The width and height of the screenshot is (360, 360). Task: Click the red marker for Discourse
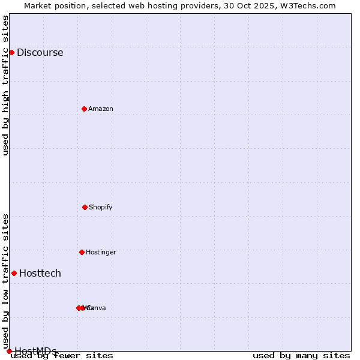(x=11, y=52)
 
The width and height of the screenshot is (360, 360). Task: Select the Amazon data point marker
(x=85, y=109)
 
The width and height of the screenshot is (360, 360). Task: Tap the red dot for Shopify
(x=85, y=207)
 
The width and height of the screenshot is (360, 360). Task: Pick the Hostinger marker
(x=82, y=252)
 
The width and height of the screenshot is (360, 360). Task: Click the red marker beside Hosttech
(x=14, y=273)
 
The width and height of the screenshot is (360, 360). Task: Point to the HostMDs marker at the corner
(x=9, y=351)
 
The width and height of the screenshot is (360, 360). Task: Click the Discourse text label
(x=40, y=52)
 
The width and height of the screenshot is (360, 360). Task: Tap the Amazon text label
(x=101, y=109)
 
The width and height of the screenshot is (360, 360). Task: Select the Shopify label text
(x=101, y=207)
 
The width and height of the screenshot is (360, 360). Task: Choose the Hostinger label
(x=101, y=252)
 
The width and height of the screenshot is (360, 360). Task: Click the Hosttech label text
(x=40, y=273)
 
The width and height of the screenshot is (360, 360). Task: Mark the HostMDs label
(x=35, y=351)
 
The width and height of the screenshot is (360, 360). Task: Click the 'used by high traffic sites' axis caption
(x=6, y=85)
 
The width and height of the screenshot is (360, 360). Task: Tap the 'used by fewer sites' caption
(x=62, y=355)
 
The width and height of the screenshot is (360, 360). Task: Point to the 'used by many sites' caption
(x=301, y=355)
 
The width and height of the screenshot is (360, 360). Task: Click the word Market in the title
(x=38, y=5)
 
